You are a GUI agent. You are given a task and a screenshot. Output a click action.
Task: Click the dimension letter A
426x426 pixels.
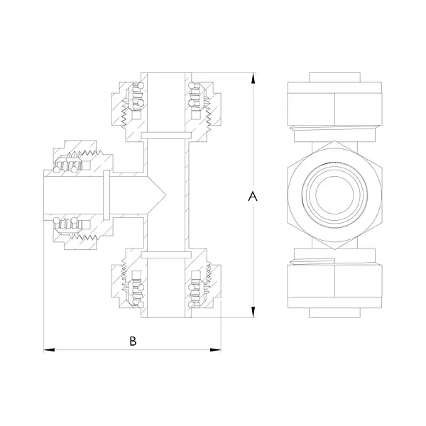pos(253,196)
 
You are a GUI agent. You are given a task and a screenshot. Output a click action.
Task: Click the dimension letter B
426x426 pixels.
pos(133,341)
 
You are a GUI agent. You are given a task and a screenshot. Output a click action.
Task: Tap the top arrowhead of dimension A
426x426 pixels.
pos(253,78)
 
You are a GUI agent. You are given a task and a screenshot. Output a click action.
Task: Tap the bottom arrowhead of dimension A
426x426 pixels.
pos(253,312)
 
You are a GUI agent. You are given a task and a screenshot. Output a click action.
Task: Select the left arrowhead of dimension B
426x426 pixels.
pos(49,350)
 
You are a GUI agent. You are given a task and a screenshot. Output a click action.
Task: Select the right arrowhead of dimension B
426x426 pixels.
pos(215,350)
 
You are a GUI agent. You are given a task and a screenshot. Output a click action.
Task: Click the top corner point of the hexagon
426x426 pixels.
pos(334,141)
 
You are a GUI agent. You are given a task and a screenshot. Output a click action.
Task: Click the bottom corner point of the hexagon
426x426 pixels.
pos(334,249)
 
